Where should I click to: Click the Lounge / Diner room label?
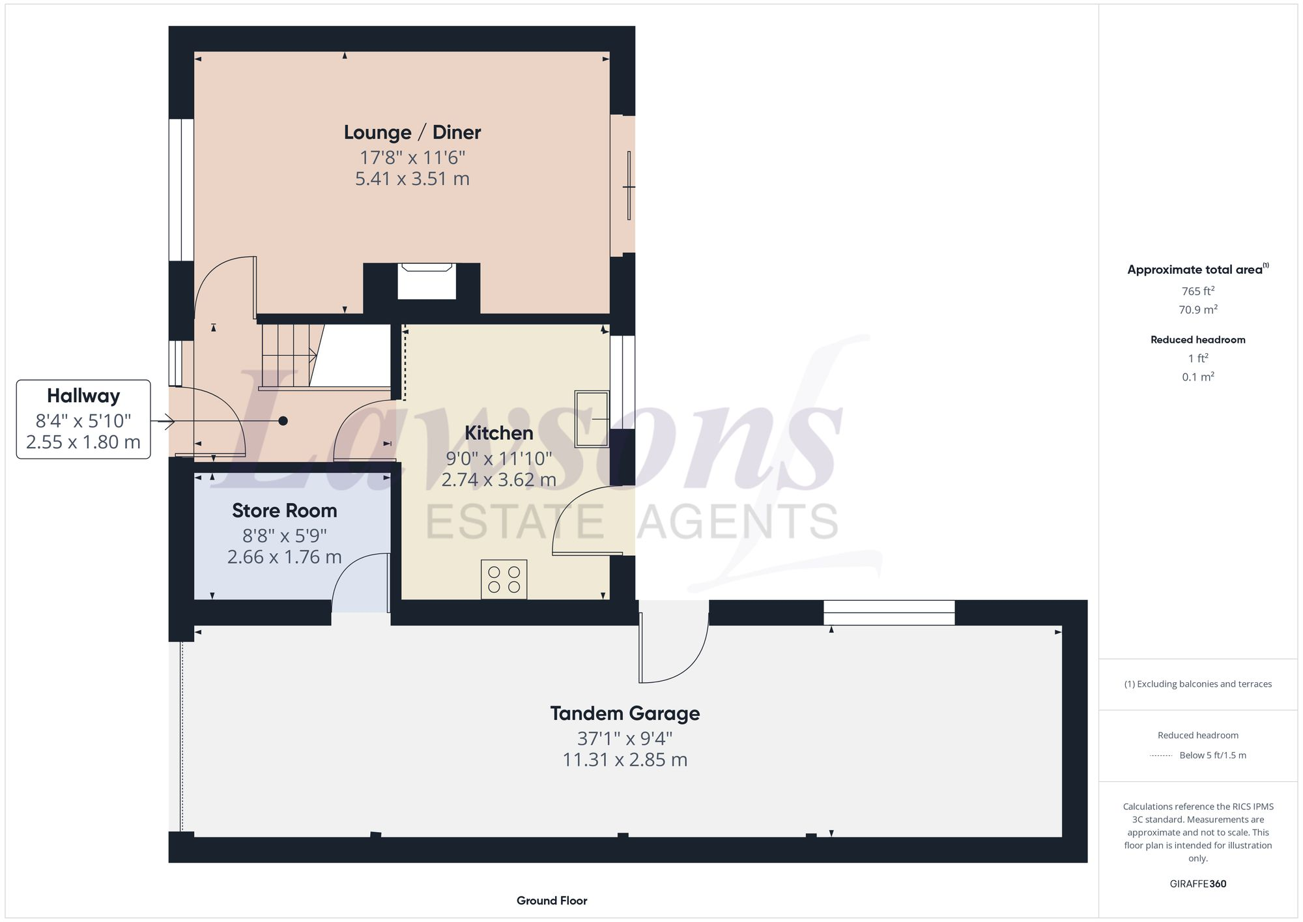pos(412,132)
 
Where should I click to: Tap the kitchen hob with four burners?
pos(504,579)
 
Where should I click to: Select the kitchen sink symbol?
pos(592,418)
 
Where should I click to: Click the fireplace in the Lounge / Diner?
pos(427,281)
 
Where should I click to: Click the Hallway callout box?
pos(83,419)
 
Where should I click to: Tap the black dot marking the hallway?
pos(283,421)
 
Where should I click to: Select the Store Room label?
pos(284,510)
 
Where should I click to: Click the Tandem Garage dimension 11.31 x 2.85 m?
pos(625,760)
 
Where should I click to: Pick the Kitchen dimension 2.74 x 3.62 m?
pos(498,480)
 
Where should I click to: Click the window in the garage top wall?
pos(889,612)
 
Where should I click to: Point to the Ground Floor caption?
pos(552,900)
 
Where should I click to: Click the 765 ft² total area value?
pos(1197,291)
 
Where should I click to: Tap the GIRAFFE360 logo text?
pos(1197,884)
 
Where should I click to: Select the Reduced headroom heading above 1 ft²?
pos(1197,339)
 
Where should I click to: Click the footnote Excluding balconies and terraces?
pos(1197,684)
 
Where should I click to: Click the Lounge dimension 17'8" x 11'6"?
pos(412,157)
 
